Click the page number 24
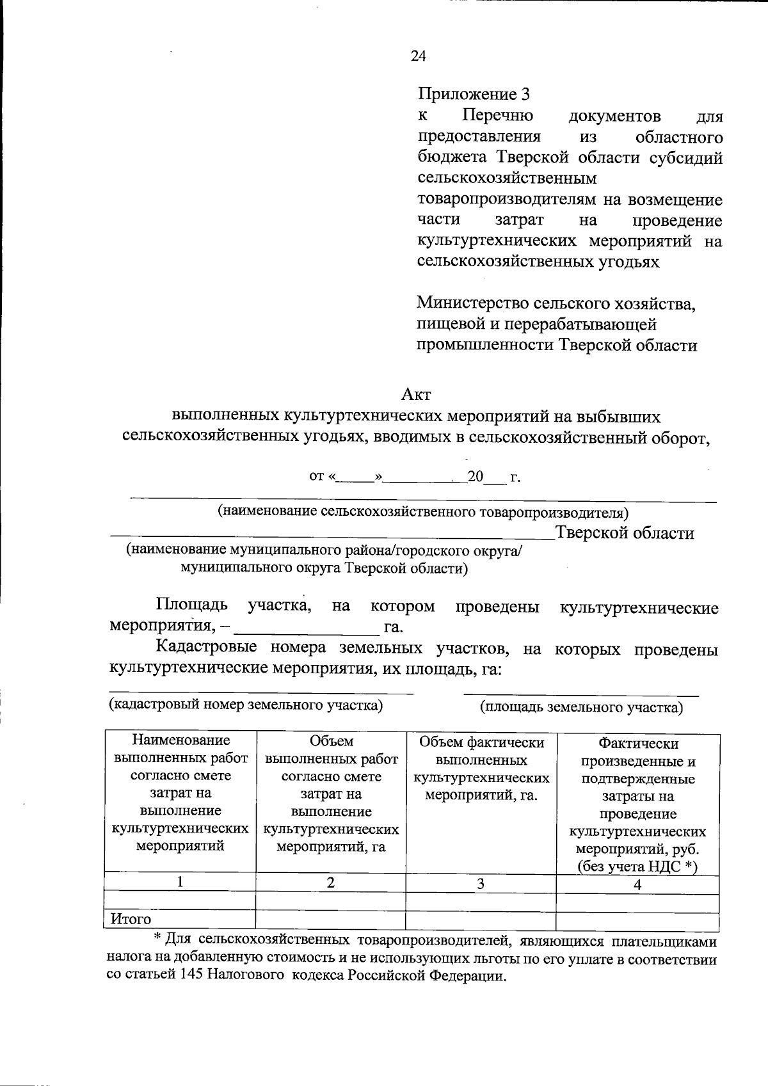tap(418, 56)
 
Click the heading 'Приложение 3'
tap(474, 95)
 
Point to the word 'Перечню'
tap(498, 116)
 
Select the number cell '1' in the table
tap(181, 882)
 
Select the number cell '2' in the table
tap(330, 882)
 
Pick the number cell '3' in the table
tap(480, 884)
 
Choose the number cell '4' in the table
tap(637, 884)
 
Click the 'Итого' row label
tap(131, 919)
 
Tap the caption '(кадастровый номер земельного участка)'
tap(246, 705)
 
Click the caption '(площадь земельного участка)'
tap(581, 707)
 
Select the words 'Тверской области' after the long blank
tap(625, 533)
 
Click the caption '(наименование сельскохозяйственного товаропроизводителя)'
tap(423, 512)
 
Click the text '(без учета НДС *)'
tap(637, 866)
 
